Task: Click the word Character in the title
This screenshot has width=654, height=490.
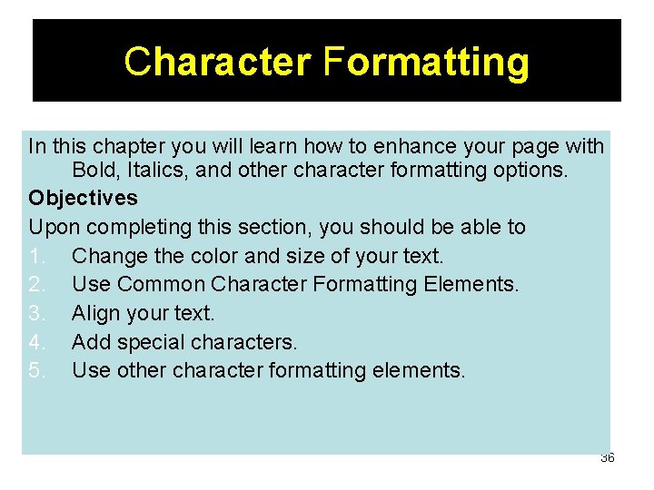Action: pos(217,62)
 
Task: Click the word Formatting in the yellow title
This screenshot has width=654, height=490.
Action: pos(425,62)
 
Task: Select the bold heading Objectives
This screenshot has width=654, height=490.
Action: pos(83,198)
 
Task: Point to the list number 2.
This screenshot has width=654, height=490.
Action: pos(35,284)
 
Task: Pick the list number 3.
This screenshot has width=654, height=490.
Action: pos(35,313)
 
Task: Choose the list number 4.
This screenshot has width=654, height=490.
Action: pos(35,342)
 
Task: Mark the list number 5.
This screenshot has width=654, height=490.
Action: pos(35,370)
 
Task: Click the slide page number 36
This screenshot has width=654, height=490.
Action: pos(607,457)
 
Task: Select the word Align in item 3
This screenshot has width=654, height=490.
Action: pos(94,313)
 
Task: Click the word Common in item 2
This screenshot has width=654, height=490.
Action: pos(162,284)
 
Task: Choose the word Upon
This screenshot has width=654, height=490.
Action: pos(53,227)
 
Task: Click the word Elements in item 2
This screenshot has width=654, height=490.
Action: pos(471,284)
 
